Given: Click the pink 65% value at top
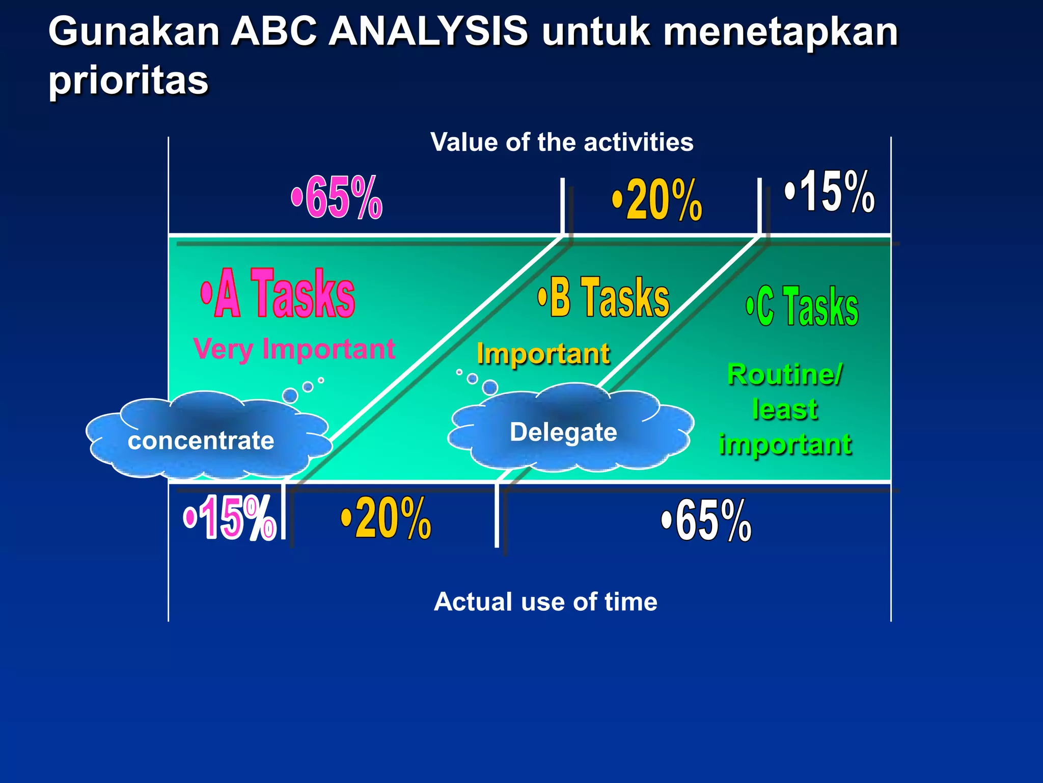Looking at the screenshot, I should [337, 197].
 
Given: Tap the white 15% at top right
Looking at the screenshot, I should [830, 192].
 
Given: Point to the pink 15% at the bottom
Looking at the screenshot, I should [230, 518].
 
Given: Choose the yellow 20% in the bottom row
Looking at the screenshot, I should [387, 518].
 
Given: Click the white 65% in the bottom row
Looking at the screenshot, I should [706, 520].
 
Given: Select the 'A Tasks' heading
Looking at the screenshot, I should [278, 294].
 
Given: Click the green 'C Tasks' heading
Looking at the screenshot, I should [803, 306].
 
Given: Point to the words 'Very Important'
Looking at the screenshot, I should [294, 349].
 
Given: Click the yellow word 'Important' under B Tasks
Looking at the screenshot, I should [543, 354].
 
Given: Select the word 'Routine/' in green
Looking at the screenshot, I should [785, 375].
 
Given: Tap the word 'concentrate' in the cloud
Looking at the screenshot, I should [201, 440].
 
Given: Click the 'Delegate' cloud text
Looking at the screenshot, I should [563, 432].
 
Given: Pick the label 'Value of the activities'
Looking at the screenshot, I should [562, 142].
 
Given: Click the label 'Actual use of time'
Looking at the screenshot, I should [545, 602].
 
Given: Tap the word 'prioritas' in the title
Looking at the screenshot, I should [128, 80].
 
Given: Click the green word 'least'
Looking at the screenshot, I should [785, 409].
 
